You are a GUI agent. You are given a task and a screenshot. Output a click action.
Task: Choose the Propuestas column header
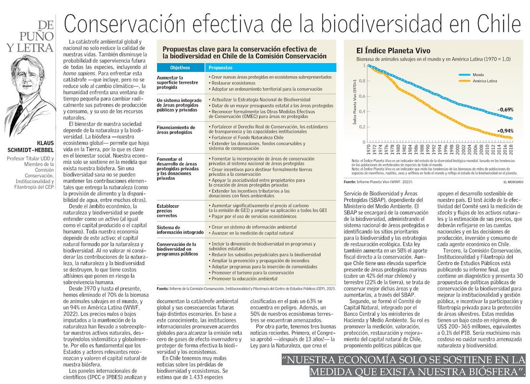point(221,67)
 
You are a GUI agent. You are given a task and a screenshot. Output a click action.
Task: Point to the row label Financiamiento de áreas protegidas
point(176,130)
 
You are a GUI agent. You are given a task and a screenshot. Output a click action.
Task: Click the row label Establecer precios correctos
point(168,210)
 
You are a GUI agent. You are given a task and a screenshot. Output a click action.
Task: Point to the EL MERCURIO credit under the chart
point(513,182)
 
